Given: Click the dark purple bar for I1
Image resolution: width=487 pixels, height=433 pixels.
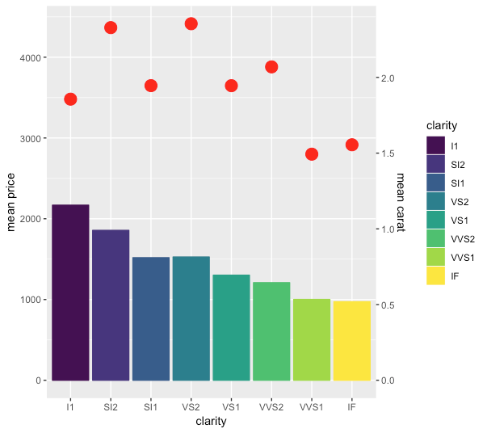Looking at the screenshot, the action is (x=70, y=292).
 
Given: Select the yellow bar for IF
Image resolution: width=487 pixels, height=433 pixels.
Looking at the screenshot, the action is (x=352, y=341).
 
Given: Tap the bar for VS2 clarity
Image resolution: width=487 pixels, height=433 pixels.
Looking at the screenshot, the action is (x=191, y=318).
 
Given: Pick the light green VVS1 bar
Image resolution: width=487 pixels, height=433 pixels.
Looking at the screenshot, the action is (x=312, y=339).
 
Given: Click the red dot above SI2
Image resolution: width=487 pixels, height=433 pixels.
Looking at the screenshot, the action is (x=111, y=27).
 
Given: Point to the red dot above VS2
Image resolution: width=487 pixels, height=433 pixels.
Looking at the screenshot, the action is (x=191, y=23).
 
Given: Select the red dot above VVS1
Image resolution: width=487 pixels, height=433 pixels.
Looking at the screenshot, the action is (x=312, y=154).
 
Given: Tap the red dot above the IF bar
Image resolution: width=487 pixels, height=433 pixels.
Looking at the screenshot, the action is (x=352, y=145).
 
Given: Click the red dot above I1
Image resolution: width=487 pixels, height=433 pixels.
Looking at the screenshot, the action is (x=70, y=99).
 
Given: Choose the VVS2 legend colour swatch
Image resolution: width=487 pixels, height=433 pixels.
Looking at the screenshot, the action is (x=435, y=238).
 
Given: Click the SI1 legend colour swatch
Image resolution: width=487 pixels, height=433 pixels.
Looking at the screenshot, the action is (x=435, y=183).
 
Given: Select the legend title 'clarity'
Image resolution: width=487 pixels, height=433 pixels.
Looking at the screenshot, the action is (x=442, y=125).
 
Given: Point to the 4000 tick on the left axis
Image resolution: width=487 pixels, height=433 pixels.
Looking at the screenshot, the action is (x=31, y=58).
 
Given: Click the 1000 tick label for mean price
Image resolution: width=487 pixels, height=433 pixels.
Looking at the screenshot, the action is (x=31, y=300).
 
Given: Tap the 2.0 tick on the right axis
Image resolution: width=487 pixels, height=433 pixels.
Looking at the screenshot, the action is (x=388, y=78).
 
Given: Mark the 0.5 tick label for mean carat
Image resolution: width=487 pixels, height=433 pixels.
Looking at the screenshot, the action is (x=388, y=305).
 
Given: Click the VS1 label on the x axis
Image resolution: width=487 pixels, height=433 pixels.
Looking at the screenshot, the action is (x=231, y=407).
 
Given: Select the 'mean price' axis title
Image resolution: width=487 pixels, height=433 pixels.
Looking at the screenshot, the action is (x=10, y=202).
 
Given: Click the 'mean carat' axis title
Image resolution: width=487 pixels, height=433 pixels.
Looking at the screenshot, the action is (x=401, y=202).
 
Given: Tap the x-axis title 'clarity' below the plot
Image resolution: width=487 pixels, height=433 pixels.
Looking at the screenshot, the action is (x=212, y=421).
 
